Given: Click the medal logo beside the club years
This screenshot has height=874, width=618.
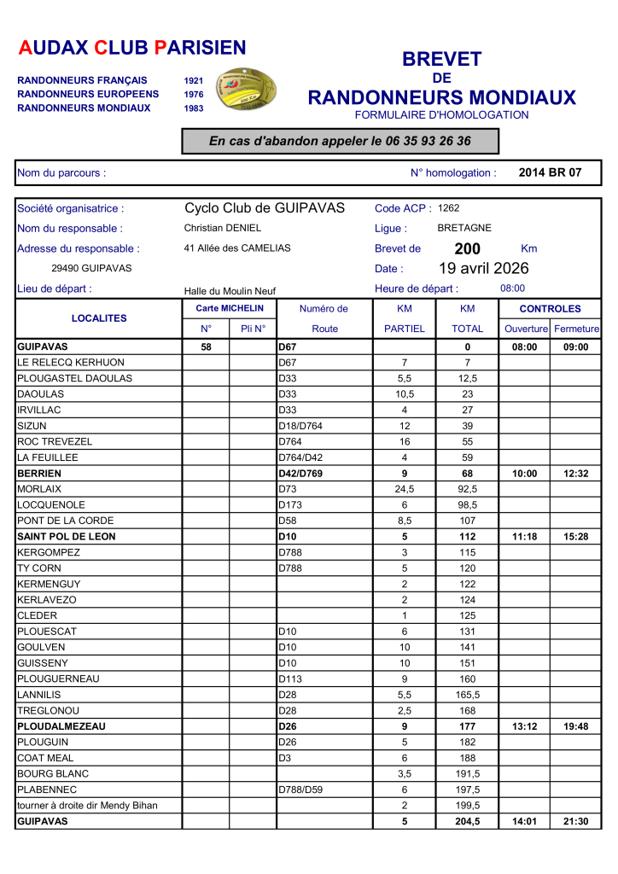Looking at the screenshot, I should click(x=244, y=89).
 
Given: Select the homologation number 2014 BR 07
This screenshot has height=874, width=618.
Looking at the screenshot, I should click(x=550, y=172).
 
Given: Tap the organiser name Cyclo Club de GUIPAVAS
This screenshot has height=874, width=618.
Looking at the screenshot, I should click(x=265, y=208).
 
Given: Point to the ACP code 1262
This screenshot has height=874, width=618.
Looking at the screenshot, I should click(x=449, y=208).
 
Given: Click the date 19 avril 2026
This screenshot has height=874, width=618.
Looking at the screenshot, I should click(x=484, y=268).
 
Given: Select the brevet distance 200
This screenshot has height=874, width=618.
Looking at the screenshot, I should click(x=468, y=248).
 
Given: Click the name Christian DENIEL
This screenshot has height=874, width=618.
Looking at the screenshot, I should click(x=223, y=229).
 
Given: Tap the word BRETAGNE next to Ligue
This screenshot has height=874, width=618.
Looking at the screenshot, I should click(x=464, y=229).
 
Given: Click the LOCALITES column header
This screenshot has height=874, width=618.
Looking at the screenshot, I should click(x=99, y=318).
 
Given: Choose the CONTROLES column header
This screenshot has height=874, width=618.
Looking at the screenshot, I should click(x=550, y=309).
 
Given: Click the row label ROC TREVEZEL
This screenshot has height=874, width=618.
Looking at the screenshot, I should click(x=55, y=442).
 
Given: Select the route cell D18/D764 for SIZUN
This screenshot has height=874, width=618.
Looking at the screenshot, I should click(x=300, y=426).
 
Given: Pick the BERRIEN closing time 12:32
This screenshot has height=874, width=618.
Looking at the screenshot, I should click(x=576, y=474).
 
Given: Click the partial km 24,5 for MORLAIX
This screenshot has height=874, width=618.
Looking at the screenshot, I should click(x=405, y=489).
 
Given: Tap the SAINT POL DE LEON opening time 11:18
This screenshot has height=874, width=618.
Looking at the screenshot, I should click(x=524, y=537).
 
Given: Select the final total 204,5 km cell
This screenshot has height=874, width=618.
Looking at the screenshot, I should click(x=467, y=822).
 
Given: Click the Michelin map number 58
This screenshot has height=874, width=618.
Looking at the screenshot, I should click(x=206, y=347).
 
